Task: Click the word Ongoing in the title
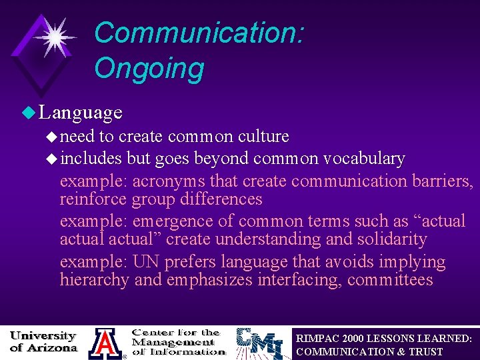click(149, 68)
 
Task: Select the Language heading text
click(81, 112)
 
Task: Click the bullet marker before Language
click(27, 112)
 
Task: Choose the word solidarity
click(387, 239)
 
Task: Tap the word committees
click(390, 280)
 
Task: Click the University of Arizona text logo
click(43, 341)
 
